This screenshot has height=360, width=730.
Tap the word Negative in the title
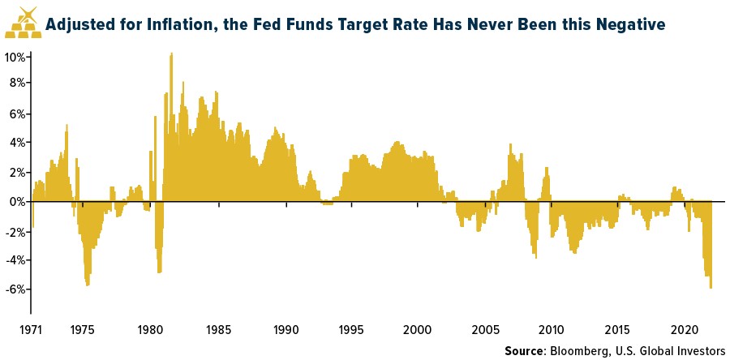coord(630,25)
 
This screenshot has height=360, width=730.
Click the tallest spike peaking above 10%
coord(171,55)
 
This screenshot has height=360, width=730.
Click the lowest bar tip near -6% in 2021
coord(711,287)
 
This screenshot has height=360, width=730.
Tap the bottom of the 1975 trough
coord(88,284)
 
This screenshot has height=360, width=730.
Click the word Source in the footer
coord(526,351)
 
